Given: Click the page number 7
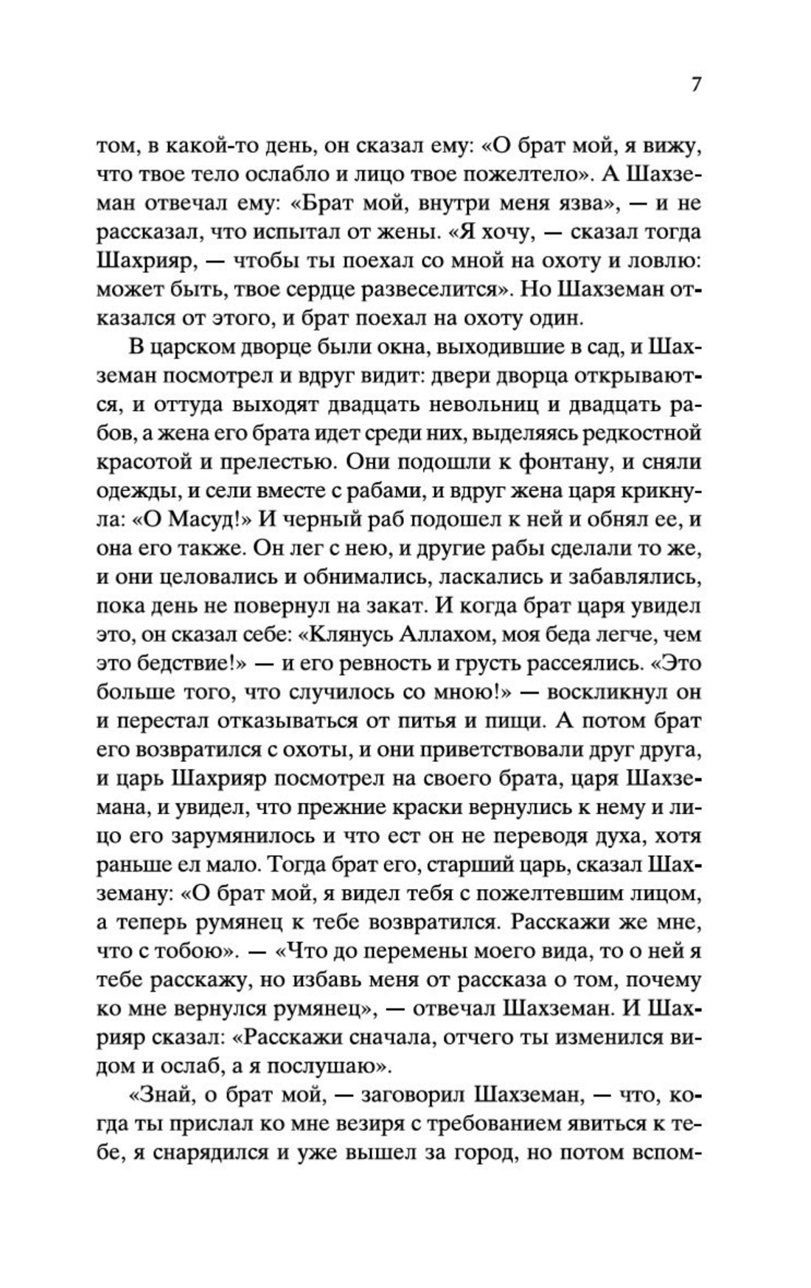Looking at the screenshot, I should click(x=696, y=83).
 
